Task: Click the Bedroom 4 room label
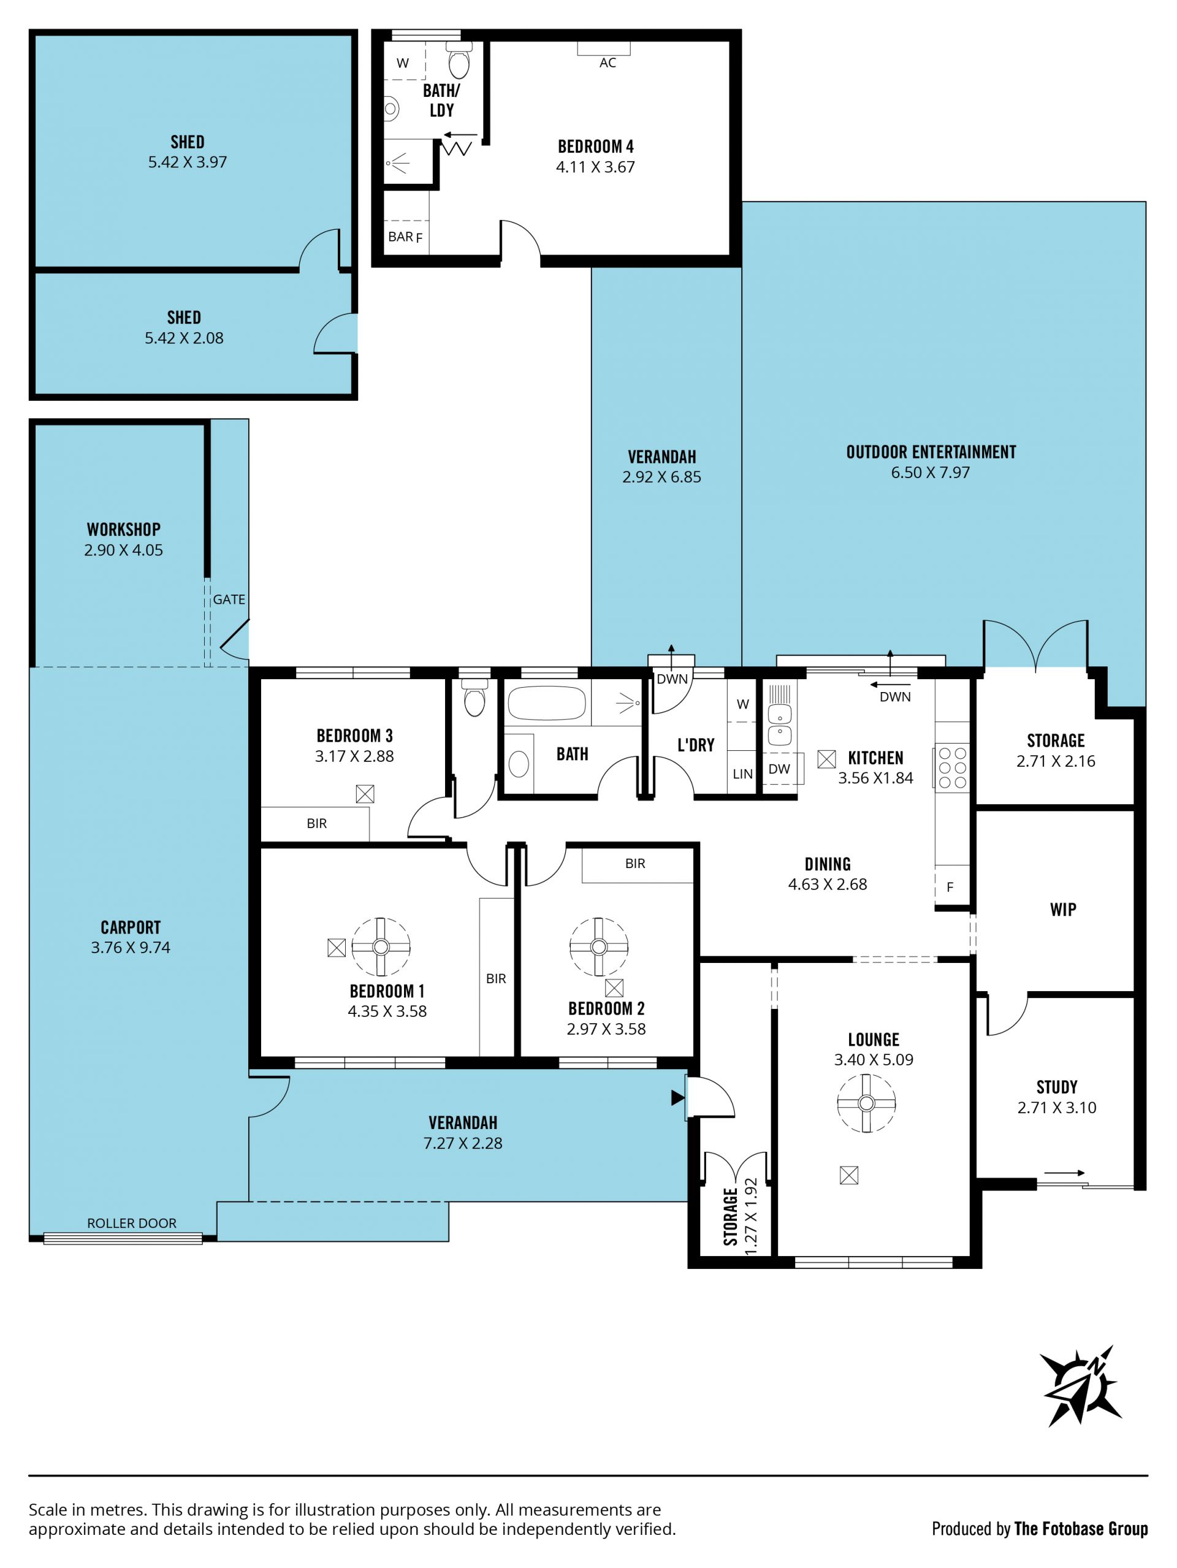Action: click(596, 147)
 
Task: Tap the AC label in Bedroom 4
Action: click(608, 63)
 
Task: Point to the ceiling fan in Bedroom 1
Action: click(381, 947)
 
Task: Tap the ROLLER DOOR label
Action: click(132, 1223)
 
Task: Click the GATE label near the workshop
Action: click(229, 599)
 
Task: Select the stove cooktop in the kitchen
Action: click(952, 767)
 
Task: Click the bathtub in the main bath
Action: click(547, 702)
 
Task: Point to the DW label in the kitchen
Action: click(779, 769)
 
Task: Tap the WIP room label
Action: click(1063, 910)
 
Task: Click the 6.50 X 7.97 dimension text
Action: click(931, 473)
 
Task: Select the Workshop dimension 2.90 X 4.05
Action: click(123, 550)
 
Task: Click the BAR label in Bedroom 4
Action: click(400, 237)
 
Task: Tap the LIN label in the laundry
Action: click(742, 774)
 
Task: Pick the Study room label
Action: click(1056, 1087)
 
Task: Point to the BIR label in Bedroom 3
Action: click(317, 824)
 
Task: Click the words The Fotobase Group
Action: click(1081, 1529)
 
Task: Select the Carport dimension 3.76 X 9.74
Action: click(131, 948)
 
